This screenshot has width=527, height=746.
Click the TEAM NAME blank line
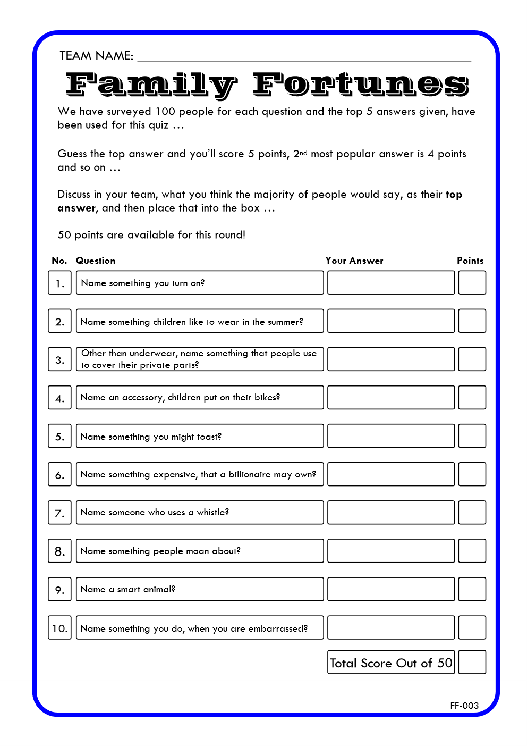304,57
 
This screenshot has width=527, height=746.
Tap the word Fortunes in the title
360,85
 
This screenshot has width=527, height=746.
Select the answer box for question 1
391,282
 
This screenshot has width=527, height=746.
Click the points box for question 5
472,435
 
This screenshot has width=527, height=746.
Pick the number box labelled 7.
59,513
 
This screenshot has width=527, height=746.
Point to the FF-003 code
464,706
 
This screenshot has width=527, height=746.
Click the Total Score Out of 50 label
391,663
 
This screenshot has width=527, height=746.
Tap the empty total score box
472,663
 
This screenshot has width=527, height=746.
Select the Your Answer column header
354,261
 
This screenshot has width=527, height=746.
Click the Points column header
470,261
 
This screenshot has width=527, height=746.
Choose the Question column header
96,261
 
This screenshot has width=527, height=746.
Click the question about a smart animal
128,589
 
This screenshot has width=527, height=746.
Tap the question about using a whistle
155,512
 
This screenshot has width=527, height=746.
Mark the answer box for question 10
391,627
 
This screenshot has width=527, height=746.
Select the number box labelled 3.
59,359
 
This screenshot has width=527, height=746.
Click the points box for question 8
472,551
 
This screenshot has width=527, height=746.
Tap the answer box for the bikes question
391,397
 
